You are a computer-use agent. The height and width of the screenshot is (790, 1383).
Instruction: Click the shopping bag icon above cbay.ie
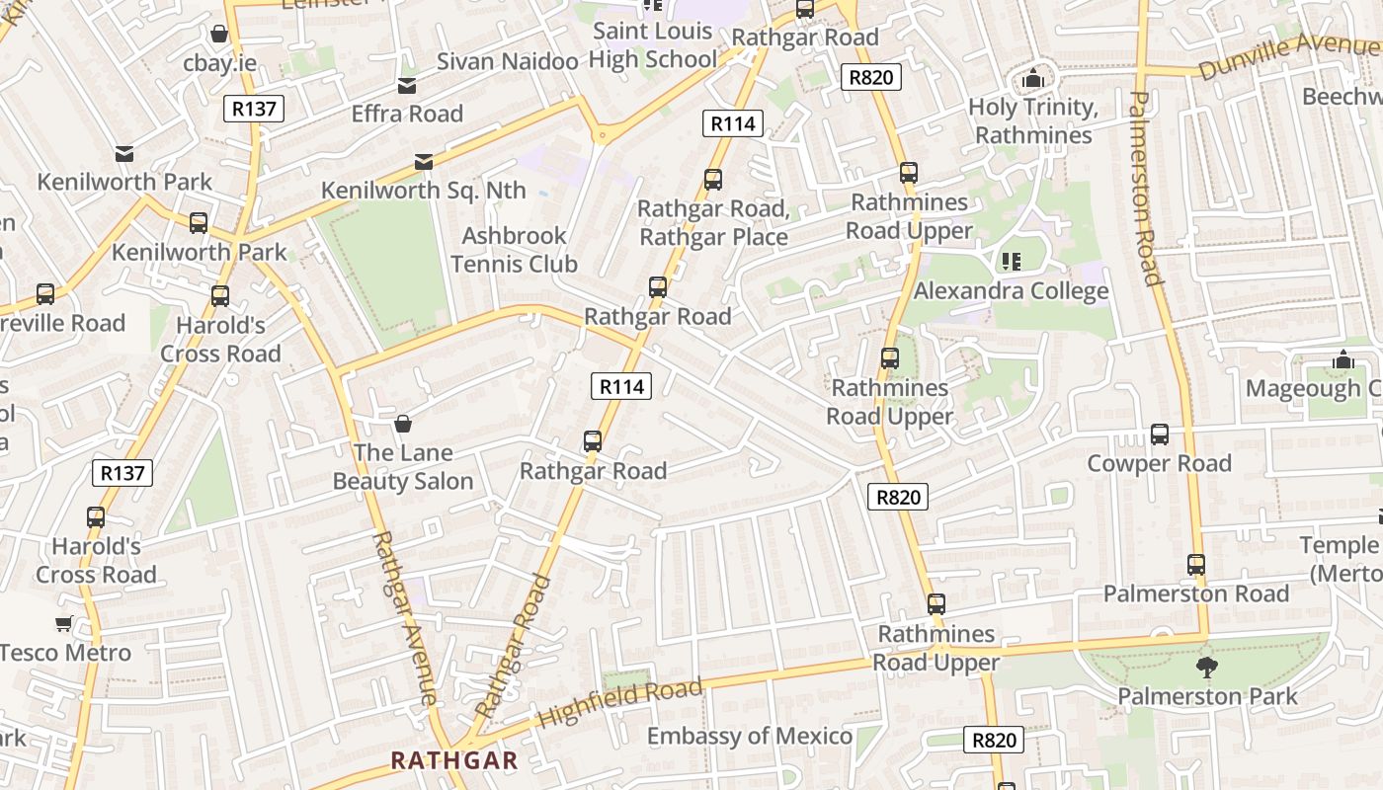pyautogui.click(x=219, y=35)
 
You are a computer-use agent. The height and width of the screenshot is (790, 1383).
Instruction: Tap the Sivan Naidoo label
pyautogui.click(x=507, y=61)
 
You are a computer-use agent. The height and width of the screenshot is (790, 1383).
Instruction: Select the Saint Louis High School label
pyautogui.click(x=652, y=45)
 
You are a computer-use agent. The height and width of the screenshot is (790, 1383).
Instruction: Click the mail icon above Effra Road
pyautogui.click(x=406, y=86)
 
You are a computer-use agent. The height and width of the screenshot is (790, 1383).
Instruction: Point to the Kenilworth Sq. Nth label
pyautogui.click(x=424, y=190)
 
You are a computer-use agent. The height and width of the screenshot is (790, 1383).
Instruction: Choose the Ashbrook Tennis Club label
pyautogui.click(x=514, y=250)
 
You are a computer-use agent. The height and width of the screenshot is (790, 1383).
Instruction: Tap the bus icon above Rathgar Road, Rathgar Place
pyautogui.click(x=712, y=180)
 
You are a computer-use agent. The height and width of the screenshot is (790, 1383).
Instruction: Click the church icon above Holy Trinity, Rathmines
pyautogui.click(x=1033, y=78)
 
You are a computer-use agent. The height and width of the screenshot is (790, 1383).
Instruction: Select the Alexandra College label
pyautogui.click(x=1011, y=291)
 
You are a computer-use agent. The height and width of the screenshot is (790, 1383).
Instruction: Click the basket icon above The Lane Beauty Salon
pyautogui.click(x=403, y=425)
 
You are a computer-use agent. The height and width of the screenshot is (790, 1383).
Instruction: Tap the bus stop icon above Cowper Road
pyautogui.click(x=1160, y=434)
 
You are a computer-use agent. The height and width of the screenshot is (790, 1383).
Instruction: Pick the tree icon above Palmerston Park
pyautogui.click(x=1206, y=668)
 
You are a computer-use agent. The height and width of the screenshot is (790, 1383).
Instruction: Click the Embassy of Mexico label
pyautogui.click(x=749, y=736)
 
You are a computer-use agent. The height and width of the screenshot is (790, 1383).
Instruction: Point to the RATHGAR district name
pyautogui.click(x=454, y=760)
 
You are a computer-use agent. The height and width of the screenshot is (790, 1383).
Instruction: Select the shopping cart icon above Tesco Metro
pyautogui.click(x=64, y=623)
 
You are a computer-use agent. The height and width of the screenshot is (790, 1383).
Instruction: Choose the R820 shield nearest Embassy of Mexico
pyautogui.click(x=994, y=740)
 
